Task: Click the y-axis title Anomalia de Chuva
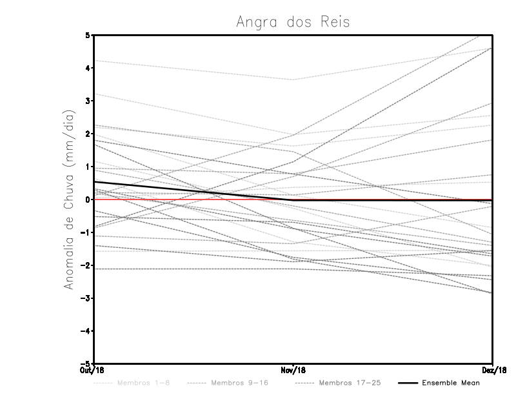tap(69, 199)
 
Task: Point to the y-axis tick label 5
tap(88, 35)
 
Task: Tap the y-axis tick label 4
tap(88, 68)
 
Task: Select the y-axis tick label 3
tap(88, 101)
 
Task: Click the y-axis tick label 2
tap(88, 134)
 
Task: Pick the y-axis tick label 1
tap(88, 167)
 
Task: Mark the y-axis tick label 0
tap(88, 200)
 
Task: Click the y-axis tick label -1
tap(86, 232)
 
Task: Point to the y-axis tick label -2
tap(86, 265)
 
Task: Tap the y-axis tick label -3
tap(86, 298)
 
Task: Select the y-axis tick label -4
tap(86, 331)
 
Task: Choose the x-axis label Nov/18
tap(293, 370)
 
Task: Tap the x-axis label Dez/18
tap(492, 370)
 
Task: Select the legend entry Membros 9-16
tap(239, 383)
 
